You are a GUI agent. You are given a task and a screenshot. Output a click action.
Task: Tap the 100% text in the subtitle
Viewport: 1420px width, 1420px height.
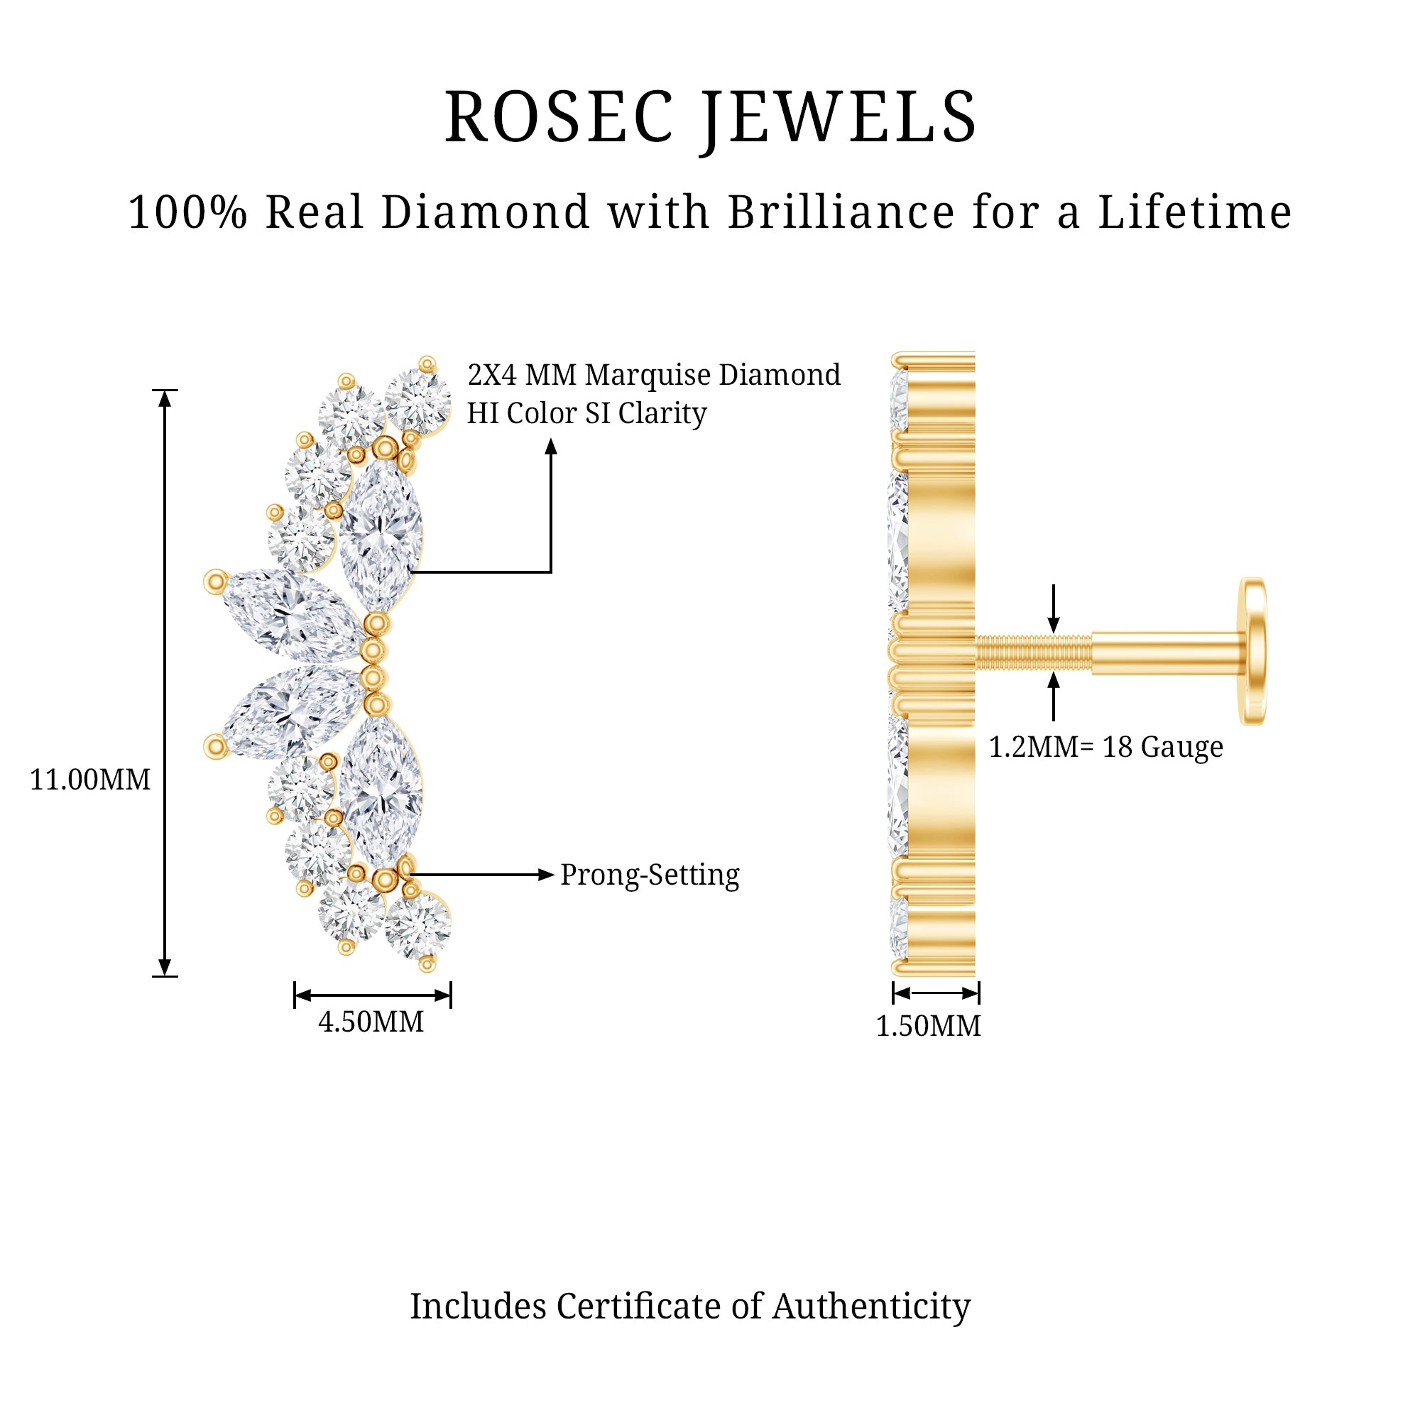(x=187, y=212)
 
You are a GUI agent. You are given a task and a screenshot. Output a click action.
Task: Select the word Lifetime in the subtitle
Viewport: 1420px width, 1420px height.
(x=1194, y=212)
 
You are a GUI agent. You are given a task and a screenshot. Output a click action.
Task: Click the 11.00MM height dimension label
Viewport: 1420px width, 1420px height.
(x=89, y=780)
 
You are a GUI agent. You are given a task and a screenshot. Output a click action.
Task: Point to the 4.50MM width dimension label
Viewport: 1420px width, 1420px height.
(x=371, y=1022)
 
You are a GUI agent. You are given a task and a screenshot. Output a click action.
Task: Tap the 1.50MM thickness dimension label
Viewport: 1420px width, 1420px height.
(x=928, y=1026)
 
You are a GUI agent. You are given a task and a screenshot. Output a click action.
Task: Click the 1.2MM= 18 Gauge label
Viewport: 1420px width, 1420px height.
(x=1105, y=747)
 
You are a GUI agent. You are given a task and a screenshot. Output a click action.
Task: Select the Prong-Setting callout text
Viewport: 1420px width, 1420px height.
(x=650, y=875)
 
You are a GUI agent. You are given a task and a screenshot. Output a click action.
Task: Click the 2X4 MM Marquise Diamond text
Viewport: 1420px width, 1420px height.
(x=654, y=375)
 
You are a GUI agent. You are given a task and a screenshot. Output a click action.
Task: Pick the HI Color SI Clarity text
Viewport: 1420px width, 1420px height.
(x=586, y=413)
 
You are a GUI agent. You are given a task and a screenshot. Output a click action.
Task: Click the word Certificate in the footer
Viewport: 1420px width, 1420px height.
(x=639, y=1306)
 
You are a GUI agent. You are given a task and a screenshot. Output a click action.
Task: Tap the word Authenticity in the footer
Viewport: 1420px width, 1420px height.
(x=871, y=1306)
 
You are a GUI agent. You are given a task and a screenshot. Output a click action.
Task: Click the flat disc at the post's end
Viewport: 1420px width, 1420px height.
(x=1254, y=651)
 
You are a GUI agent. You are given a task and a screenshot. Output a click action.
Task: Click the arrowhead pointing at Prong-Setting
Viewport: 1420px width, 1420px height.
(x=545, y=875)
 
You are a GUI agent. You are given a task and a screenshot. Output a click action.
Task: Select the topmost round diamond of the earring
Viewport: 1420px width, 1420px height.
(x=417, y=400)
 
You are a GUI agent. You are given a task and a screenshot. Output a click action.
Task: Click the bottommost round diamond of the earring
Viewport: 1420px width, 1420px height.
(x=417, y=926)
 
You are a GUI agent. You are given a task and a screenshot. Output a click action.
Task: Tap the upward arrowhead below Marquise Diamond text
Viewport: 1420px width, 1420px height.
(x=551, y=446)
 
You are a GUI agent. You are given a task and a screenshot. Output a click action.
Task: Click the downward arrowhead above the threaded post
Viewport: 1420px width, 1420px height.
(x=1054, y=625)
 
